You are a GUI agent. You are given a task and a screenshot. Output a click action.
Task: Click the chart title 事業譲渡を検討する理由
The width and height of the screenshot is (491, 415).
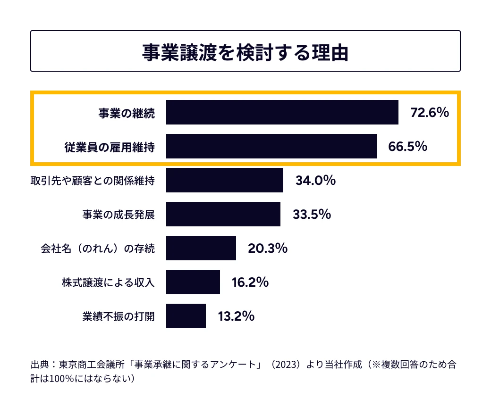click(x=245, y=52)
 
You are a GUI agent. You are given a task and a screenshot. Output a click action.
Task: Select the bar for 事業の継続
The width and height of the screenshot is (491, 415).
click(x=282, y=112)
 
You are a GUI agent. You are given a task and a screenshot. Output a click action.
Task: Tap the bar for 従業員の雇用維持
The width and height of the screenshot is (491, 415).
click(x=271, y=146)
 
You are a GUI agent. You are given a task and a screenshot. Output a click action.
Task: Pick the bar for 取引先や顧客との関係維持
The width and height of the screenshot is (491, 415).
click(x=224, y=180)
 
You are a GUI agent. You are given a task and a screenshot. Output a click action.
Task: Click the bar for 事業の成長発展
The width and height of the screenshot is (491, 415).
click(x=223, y=214)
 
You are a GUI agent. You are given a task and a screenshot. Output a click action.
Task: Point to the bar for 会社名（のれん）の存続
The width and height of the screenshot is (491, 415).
click(x=201, y=248)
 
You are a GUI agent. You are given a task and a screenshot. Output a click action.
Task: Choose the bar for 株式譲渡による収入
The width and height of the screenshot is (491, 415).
click(x=193, y=282)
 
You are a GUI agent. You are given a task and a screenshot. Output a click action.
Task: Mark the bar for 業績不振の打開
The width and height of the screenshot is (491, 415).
click(x=186, y=316)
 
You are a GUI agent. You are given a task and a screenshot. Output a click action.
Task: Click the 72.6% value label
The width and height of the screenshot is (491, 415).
click(x=429, y=112)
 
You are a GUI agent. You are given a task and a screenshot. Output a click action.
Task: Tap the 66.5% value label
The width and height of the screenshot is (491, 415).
click(x=407, y=146)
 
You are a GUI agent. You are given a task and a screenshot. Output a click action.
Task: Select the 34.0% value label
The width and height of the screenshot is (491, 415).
click(x=315, y=180)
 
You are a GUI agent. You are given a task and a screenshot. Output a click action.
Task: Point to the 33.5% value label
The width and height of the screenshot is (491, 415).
click(x=312, y=214)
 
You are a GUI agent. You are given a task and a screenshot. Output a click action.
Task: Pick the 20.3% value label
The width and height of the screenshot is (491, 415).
click(x=267, y=248)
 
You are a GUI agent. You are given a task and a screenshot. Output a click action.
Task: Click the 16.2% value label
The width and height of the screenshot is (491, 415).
click(x=250, y=282)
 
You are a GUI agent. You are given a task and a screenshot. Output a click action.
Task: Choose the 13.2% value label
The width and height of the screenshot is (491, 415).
click(x=236, y=316)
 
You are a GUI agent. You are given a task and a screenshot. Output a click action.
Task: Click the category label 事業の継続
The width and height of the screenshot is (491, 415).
click(x=126, y=113)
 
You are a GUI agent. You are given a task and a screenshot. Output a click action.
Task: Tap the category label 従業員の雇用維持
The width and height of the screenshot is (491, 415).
click(x=109, y=147)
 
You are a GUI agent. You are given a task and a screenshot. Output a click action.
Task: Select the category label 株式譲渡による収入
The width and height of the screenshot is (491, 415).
click(x=108, y=282)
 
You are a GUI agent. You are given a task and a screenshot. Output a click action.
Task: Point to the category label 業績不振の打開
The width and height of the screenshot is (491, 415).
click(x=118, y=316)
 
